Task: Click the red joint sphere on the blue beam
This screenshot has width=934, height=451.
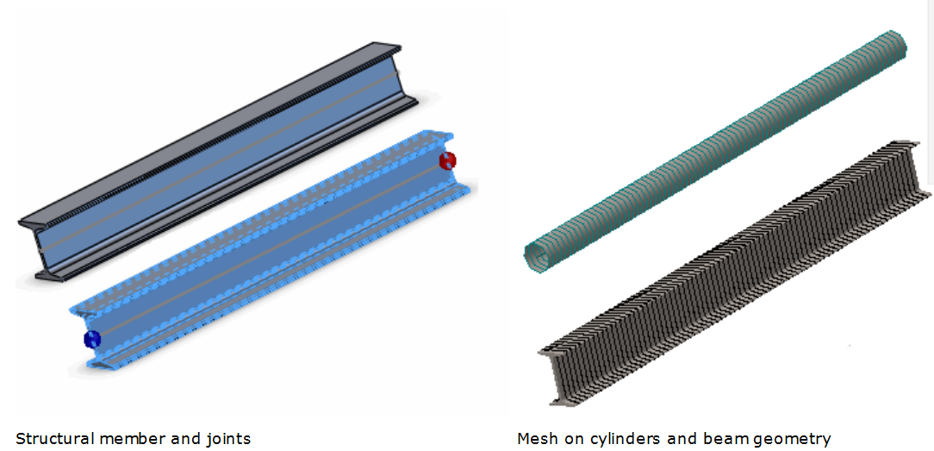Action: tap(447, 160)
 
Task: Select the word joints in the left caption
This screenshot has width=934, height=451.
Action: tap(226, 439)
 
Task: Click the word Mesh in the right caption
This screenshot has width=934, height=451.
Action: tap(535, 439)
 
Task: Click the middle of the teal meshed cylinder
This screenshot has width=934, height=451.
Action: tap(715, 147)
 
